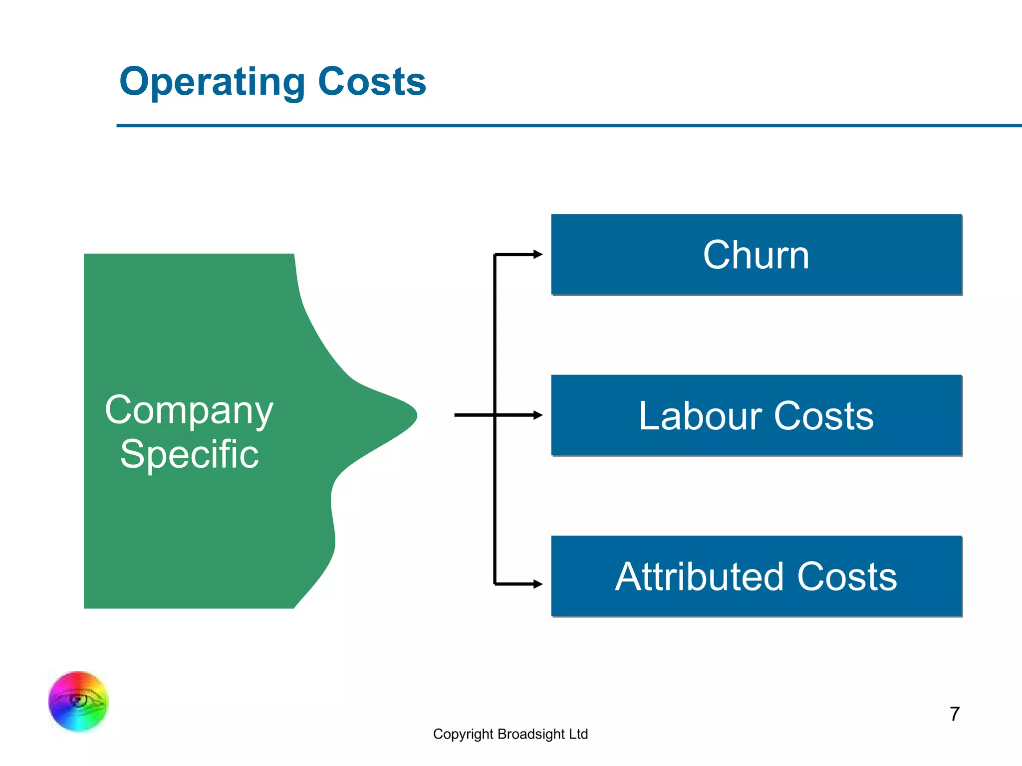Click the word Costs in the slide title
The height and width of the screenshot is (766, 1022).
tap(372, 82)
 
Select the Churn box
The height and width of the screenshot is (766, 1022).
tap(756, 255)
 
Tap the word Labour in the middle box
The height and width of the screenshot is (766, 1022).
tap(700, 415)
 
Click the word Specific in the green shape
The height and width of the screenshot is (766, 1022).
tap(189, 454)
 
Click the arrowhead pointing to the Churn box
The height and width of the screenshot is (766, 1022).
tap(537, 254)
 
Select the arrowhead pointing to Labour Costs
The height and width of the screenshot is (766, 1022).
tap(537, 415)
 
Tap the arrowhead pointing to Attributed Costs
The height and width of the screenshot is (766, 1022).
tap(537, 584)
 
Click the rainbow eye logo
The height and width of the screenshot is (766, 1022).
tap(78, 701)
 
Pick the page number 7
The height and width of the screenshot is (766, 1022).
tap(954, 714)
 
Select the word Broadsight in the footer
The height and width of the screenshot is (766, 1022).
tap(531, 734)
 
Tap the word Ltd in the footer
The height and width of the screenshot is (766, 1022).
tap(578, 734)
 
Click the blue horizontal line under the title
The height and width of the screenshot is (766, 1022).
tap(569, 126)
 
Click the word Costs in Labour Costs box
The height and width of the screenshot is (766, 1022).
tap(824, 415)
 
